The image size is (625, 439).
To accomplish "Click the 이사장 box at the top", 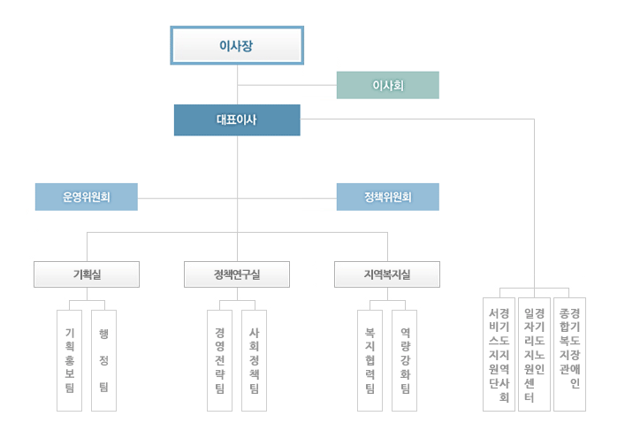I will coord(237,45).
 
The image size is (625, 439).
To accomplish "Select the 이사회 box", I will coord(387,85).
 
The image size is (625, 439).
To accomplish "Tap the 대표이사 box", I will coord(237,120).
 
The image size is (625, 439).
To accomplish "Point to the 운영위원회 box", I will coord(86,196).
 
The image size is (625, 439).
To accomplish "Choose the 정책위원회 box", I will coord(387,196).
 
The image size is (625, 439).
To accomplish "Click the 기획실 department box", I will coord(87,274).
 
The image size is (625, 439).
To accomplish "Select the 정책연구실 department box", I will coord(237,274).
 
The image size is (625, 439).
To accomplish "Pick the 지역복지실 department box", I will coord(387,274).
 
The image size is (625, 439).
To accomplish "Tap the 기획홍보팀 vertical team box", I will coord(69,360).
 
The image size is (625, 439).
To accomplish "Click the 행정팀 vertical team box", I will coord(103,360).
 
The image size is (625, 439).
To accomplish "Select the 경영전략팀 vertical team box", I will coord(219,360).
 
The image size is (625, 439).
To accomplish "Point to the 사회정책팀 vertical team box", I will coord(254,360).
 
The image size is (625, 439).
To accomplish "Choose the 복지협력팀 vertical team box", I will coord(370,360).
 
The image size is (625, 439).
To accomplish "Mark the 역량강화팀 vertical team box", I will coord(404,360).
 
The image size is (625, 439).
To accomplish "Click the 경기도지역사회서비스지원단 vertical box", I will coord(499,354).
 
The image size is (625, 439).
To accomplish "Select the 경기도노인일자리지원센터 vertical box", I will coord(534,354).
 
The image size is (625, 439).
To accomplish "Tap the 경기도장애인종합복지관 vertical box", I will coord(569,354).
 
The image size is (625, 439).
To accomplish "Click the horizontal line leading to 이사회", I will coord(287,85).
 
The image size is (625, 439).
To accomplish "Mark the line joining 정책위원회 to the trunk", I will coord(287,196).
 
